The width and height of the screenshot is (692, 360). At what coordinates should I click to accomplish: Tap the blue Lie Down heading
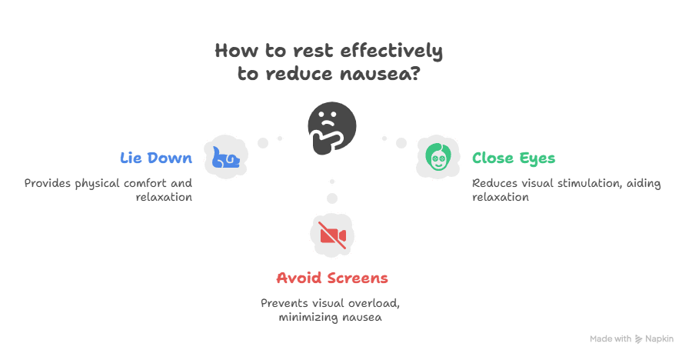[x=156, y=158]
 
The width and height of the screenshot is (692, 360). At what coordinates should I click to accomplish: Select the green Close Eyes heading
[x=513, y=158]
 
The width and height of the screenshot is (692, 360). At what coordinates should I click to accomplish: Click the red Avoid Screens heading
[x=331, y=278]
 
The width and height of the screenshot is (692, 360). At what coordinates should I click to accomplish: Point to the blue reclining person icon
[x=226, y=158]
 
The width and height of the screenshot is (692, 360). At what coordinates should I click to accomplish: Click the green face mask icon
[x=437, y=158]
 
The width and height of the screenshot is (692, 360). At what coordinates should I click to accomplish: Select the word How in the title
[x=232, y=52]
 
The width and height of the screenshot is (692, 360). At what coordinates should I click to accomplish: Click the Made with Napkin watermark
[x=631, y=338]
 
